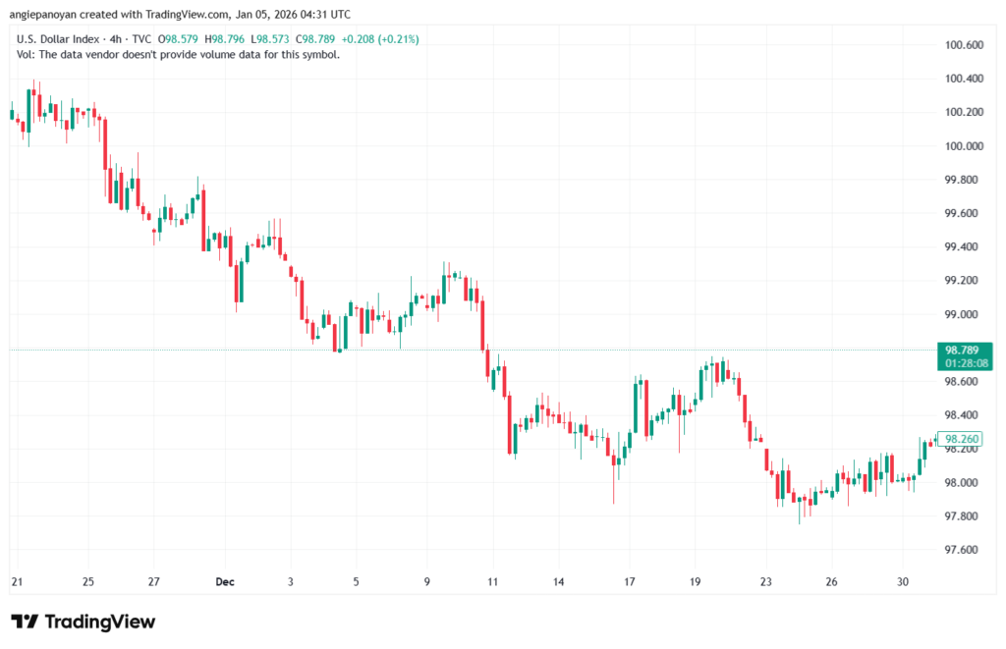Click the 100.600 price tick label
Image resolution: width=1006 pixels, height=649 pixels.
point(963,45)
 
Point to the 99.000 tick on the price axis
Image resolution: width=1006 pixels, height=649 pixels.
point(963,314)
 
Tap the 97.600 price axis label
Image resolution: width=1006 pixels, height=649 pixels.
point(963,550)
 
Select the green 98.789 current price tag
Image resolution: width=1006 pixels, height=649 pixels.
point(964,350)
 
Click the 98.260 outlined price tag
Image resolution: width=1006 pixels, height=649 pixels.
point(963,439)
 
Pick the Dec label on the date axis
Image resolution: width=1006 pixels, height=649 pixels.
point(224,581)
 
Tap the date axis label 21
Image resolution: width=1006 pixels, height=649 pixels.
point(17,581)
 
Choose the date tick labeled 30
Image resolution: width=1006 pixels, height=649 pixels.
point(902,581)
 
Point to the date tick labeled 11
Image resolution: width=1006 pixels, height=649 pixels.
point(492,581)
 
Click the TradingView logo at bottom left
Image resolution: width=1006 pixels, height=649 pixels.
point(84,622)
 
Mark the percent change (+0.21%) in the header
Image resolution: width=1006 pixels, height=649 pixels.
point(395,39)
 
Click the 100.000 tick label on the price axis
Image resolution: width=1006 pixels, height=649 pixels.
point(963,146)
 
